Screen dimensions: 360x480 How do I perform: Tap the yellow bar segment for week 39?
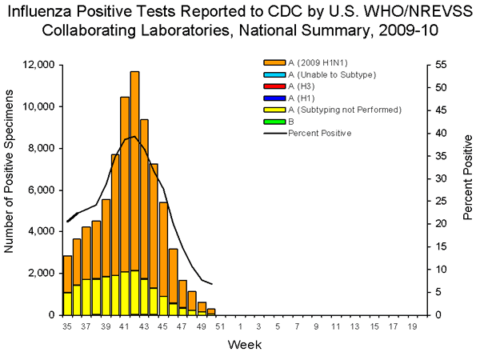[x=106, y=295]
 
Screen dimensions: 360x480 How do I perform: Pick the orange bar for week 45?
[x=163, y=248]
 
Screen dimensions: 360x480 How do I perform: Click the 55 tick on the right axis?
[x=438, y=65]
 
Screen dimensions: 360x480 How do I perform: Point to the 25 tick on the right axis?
[x=438, y=202]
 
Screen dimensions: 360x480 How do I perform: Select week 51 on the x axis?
[x=221, y=326]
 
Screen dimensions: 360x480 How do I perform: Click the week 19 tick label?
[x=413, y=326]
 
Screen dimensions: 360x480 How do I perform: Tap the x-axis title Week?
[x=242, y=346]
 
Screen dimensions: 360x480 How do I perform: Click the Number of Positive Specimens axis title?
[x=10, y=190]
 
